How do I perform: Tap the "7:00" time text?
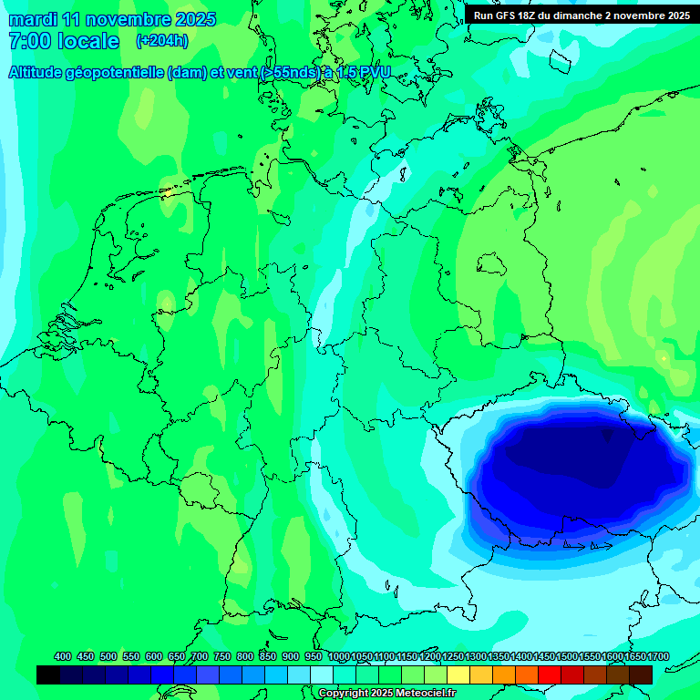(x=30, y=41)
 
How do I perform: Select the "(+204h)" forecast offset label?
(x=162, y=41)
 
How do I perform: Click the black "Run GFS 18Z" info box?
(x=582, y=15)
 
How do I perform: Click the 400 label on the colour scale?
(x=63, y=657)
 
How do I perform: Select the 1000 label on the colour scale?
(x=338, y=657)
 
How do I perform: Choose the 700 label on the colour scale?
(x=200, y=657)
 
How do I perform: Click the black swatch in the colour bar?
(x=48, y=674)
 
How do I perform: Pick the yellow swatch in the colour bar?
(x=458, y=674)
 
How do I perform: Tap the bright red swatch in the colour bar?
(x=550, y=674)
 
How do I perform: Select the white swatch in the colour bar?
(x=322, y=674)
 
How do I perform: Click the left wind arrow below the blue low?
(x=575, y=547)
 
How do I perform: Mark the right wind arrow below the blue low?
(x=601, y=547)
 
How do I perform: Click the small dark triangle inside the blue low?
(x=608, y=437)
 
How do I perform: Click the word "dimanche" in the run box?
(x=614, y=15)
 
